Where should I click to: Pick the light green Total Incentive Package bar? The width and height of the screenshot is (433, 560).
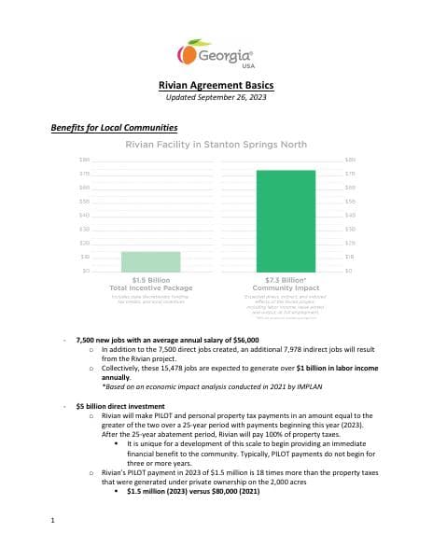pos(150,261)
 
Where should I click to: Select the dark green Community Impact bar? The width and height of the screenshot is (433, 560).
pos(280,220)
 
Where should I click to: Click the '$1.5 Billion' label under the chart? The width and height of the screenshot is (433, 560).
pos(150,278)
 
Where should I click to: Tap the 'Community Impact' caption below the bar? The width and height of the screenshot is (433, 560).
pos(281,287)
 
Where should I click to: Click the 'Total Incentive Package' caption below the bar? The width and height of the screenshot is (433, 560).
pos(150,287)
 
